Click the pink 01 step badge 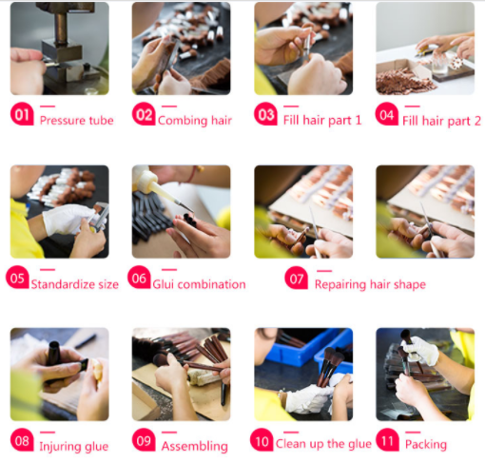(22, 114)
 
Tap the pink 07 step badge (297, 278)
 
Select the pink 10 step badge (262, 440)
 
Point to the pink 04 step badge (387, 114)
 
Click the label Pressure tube (77, 121)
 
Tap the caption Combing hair (195, 121)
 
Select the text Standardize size (75, 284)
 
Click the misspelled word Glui (163, 284)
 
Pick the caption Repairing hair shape (370, 284)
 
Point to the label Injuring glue (74, 447)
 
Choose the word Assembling (195, 447)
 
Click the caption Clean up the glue (323, 444)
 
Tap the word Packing (426, 445)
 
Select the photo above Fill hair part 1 (303, 48)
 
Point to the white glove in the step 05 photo (68, 220)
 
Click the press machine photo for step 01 (60, 48)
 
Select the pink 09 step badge (144, 440)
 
